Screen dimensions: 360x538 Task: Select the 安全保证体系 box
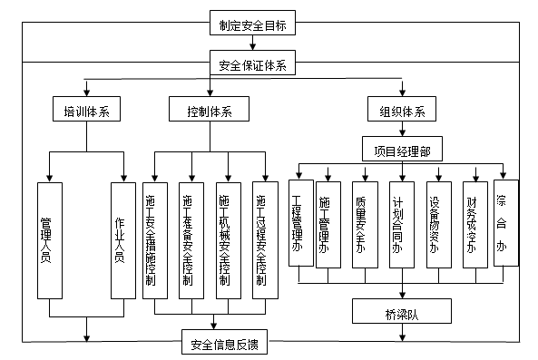pos(253,65)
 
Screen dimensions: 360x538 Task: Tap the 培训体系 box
pos(86,112)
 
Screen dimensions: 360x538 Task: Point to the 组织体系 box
pos(402,112)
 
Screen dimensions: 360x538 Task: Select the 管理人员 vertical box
pos(49,239)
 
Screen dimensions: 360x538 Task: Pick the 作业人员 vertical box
pos(122,239)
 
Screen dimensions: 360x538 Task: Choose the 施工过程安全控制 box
pos(263,239)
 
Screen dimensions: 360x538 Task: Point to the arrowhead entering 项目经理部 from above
pos(402,137)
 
